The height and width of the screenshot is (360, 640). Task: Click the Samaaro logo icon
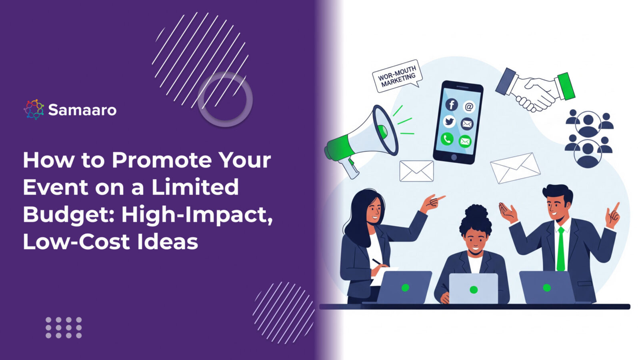34,110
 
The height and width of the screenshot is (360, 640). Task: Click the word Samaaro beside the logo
82,110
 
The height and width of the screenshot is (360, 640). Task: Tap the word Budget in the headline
68,215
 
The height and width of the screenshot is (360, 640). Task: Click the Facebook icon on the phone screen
452,105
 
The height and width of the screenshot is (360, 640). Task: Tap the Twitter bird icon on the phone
449,122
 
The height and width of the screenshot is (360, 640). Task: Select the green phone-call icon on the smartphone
447,139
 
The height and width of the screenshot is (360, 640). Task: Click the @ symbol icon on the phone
469,107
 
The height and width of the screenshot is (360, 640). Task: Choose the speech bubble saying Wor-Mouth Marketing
397,76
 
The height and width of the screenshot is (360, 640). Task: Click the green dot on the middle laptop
474,290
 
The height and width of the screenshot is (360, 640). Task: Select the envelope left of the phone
416,171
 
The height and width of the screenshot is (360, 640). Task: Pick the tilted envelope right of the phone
515,168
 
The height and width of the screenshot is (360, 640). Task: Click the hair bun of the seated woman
476,212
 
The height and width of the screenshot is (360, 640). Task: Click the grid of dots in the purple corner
64,328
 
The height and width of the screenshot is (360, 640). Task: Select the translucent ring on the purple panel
225,99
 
